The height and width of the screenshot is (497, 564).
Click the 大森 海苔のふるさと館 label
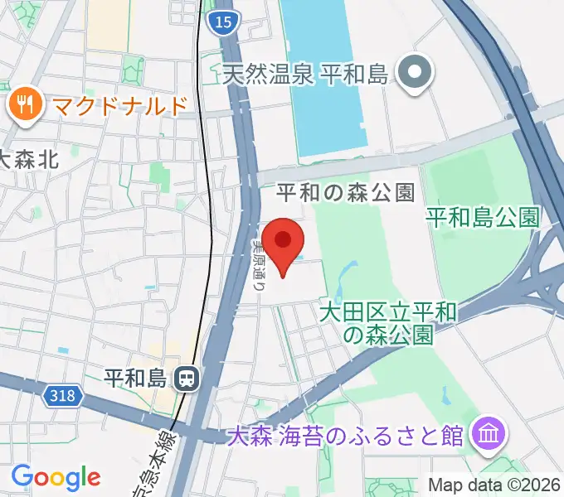(345, 436)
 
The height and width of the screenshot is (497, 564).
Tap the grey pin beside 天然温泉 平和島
(411, 75)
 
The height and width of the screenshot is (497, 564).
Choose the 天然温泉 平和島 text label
(306, 75)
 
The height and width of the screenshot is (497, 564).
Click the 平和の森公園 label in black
(345, 194)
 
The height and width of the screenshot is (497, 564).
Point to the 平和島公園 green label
(482, 217)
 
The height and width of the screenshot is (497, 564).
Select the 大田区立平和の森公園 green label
(388, 324)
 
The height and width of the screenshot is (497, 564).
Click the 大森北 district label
(32, 159)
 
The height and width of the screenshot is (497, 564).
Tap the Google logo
(56, 477)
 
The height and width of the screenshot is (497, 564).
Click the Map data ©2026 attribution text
(494, 484)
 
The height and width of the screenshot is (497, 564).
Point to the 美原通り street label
(258, 263)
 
